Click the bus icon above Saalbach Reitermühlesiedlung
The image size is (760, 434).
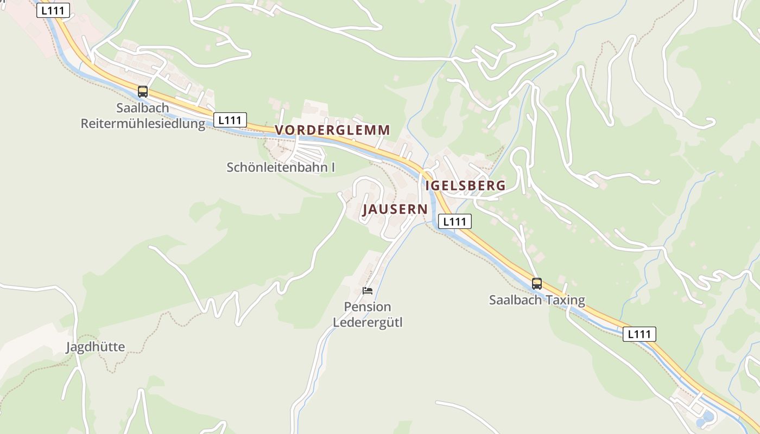[x=143, y=92]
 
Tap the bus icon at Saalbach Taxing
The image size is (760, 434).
[x=537, y=283]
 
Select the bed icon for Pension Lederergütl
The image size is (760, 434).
[x=368, y=290]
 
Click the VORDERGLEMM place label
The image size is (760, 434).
[x=332, y=130]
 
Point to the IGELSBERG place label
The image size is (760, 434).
[x=466, y=186]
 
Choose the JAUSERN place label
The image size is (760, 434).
[x=395, y=209]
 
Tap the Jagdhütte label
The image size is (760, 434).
[x=96, y=347]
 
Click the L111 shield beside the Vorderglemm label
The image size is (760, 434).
[x=230, y=120]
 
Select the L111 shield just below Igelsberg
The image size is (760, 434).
[x=454, y=221]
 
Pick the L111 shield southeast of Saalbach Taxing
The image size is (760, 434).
[x=639, y=334]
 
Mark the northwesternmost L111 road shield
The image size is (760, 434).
[x=53, y=10]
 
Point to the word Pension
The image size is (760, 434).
[x=368, y=307]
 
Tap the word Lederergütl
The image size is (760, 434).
[x=368, y=322]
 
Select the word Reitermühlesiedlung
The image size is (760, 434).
[x=143, y=124]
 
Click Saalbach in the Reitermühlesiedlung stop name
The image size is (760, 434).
[x=143, y=108]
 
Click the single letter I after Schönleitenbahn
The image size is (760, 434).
[x=333, y=167]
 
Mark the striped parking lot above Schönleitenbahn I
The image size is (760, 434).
[x=307, y=150]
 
